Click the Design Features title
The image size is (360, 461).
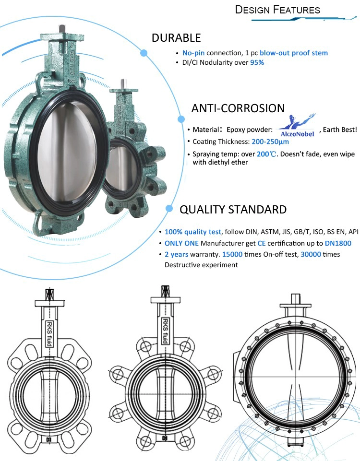click(x=277, y=10)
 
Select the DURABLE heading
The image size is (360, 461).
click(x=176, y=38)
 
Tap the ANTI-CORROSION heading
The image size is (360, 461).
click(x=238, y=108)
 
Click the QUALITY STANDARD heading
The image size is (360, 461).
click(x=233, y=209)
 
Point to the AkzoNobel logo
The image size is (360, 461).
click(x=297, y=126)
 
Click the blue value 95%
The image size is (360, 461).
click(x=257, y=62)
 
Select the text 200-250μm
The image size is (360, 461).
click(x=270, y=142)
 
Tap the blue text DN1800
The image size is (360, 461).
click(x=338, y=243)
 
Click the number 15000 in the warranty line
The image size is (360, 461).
click(x=232, y=254)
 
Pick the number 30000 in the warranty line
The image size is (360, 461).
click(x=311, y=254)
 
